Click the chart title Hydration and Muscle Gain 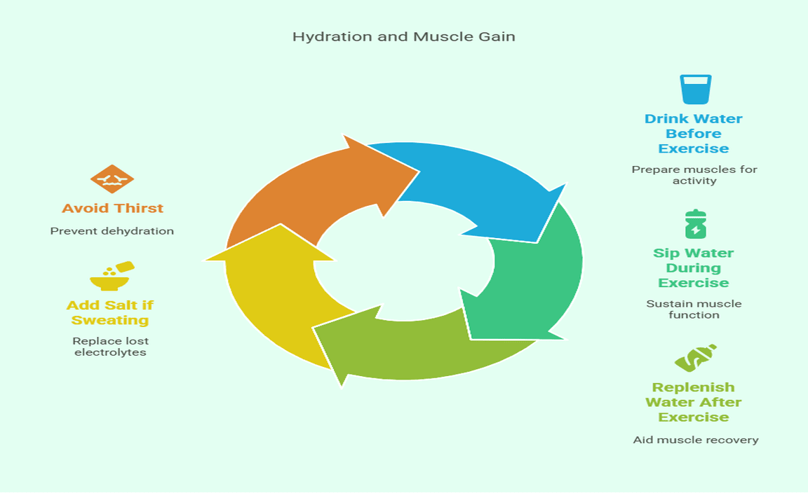[x=403, y=36]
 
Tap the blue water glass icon [x=695, y=90]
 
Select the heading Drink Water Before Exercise [x=693, y=134]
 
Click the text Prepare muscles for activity [x=694, y=175]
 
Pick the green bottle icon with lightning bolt [x=695, y=224]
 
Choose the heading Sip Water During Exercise [x=693, y=268]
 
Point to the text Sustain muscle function [x=693, y=310]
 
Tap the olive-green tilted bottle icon [x=695, y=358]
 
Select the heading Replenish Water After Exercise [x=693, y=402]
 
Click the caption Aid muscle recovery [x=695, y=440]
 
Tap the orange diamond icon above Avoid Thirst [x=112, y=180]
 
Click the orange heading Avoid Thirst [x=112, y=208]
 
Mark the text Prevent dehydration [x=112, y=231]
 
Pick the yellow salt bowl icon [x=111, y=277]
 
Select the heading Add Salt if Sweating [x=110, y=313]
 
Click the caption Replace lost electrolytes [x=110, y=347]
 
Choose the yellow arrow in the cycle [x=270, y=294]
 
